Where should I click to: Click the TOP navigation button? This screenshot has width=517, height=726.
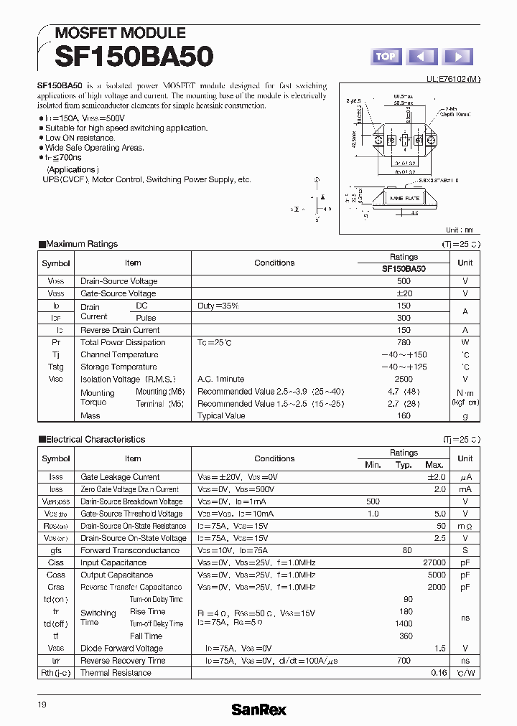point(386,57)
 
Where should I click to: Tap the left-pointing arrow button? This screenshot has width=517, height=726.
point(422,57)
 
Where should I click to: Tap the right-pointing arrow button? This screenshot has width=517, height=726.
point(458,57)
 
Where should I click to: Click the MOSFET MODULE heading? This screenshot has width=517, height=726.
point(120,33)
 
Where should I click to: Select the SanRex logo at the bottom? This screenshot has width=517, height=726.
point(258,709)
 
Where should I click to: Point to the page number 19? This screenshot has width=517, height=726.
point(42,705)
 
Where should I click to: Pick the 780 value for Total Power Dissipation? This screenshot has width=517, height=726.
point(404,342)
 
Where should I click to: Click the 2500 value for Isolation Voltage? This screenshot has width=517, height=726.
point(404,379)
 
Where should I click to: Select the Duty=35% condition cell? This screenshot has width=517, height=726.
point(218,306)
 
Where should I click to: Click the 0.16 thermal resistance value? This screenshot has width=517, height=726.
point(439,673)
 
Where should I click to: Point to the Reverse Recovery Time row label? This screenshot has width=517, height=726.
point(123,661)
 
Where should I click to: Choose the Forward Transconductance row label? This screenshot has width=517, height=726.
point(130,550)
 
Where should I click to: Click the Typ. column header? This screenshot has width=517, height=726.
point(404,465)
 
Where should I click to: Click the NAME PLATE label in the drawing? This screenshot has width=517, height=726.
point(404,197)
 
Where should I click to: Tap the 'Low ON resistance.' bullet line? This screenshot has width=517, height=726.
point(79,138)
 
